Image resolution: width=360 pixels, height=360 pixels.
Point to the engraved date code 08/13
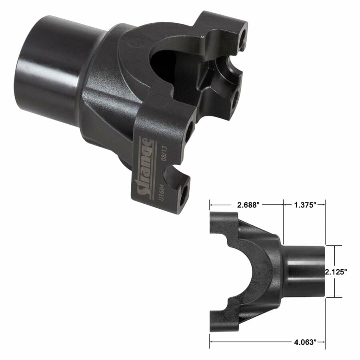(x=163, y=154)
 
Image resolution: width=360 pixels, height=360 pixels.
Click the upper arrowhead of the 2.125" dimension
(x=335, y=246)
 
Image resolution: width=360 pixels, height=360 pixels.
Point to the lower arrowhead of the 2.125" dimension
(x=335, y=296)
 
